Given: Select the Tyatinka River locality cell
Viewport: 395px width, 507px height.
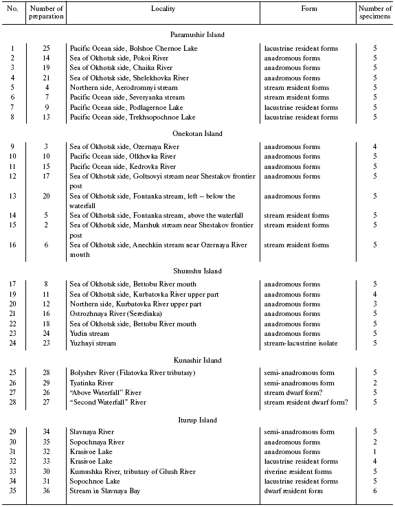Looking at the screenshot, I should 93,383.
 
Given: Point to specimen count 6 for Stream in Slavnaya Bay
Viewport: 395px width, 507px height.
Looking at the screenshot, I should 374,492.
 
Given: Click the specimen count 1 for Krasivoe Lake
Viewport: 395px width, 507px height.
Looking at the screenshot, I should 374,451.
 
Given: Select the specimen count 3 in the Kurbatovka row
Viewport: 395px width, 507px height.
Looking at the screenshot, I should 374,303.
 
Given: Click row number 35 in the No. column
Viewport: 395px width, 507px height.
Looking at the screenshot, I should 12,492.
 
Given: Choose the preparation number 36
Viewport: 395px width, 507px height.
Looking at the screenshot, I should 47,492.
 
